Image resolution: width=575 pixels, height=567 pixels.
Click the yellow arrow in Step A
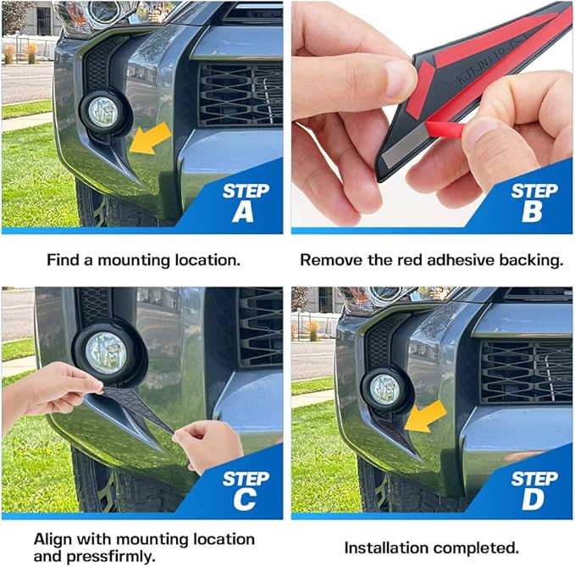[x=150, y=139]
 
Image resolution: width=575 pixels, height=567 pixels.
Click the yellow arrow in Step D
[x=425, y=416]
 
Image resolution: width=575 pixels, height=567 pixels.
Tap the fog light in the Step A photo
[x=103, y=112]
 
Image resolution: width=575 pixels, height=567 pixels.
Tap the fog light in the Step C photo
[x=106, y=353]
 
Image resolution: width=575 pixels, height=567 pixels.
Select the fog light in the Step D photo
[x=384, y=389]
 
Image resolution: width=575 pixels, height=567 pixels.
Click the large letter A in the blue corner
[x=243, y=212]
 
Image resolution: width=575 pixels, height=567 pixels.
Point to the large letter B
[x=532, y=212]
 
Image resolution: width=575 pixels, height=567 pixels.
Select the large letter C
[x=245, y=499]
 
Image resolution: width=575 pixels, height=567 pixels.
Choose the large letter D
[x=534, y=499]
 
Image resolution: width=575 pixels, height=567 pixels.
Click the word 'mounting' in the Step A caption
[x=134, y=260]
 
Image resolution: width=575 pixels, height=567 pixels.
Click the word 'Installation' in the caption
[x=385, y=548]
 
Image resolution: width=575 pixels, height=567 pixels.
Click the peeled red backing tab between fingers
[x=445, y=130]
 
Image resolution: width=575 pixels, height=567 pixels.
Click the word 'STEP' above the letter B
[x=534, y=192]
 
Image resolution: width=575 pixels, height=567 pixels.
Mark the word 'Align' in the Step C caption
[x=54, y=540]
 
